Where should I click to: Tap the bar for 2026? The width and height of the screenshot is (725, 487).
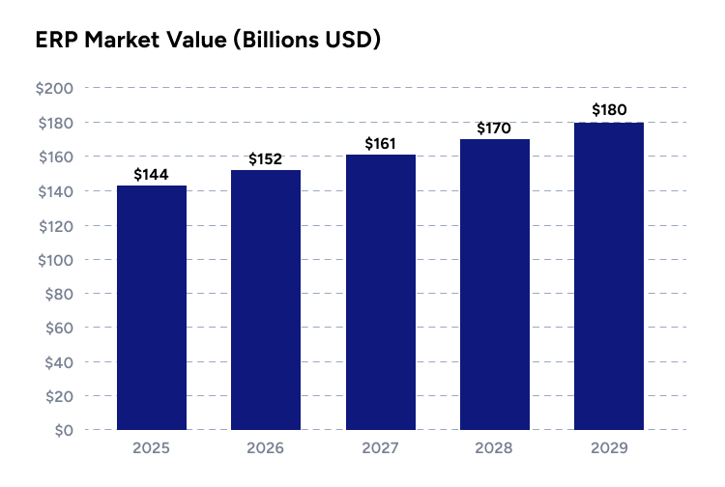tap(266, 300)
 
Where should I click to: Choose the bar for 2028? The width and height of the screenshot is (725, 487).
tap(495, 284)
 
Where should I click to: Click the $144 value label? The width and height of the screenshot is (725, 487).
tap(152, 175)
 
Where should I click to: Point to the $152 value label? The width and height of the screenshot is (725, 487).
tap(266, 159)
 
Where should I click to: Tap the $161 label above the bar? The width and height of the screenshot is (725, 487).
tap(380, 144)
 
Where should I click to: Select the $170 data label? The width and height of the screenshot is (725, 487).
tap(495, 128)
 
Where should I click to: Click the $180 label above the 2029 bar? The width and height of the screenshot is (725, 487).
tap(609, 110)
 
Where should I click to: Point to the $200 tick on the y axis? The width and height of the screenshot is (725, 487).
tap(54, 89)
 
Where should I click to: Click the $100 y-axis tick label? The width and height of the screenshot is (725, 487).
tap(54, 260)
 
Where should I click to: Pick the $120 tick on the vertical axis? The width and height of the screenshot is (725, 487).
tap(54, 225)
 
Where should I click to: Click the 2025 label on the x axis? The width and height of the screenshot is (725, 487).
tap(152, 449)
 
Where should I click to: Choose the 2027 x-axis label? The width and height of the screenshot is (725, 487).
tap(380, 449)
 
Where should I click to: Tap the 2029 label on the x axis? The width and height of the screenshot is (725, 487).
tap(609, 449)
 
